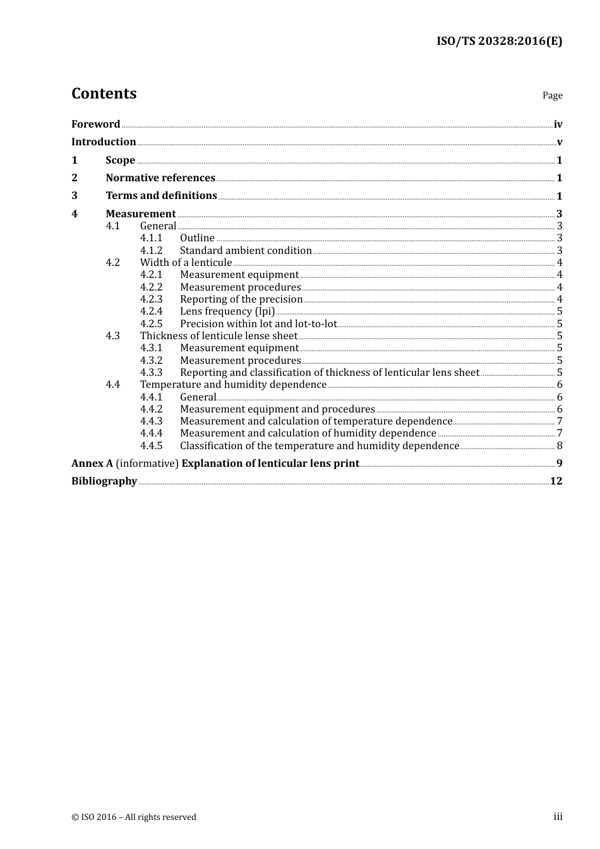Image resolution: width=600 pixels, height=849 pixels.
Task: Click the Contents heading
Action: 104,93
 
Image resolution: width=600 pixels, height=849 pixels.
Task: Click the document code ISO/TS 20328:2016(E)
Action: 499,42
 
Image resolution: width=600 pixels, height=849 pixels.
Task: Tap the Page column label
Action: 552,95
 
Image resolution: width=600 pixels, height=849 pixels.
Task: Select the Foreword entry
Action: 95,124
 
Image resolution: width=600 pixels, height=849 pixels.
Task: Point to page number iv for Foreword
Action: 558,124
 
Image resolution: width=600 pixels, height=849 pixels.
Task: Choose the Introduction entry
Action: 104,142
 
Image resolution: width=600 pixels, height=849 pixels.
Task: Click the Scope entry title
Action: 120,160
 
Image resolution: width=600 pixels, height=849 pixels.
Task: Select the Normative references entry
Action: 160,178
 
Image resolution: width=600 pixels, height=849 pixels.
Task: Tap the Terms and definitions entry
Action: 161,196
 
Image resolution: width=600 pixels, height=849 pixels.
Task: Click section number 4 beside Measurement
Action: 75,214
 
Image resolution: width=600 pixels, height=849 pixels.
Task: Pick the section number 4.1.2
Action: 151,251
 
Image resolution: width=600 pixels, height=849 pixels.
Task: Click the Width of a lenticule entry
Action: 186,263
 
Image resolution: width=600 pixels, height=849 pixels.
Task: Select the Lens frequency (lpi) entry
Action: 227,311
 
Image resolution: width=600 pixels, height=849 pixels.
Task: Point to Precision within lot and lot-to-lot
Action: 258,324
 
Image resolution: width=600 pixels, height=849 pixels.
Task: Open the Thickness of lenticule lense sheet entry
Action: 219,336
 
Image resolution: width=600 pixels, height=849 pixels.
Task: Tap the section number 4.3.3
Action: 151,373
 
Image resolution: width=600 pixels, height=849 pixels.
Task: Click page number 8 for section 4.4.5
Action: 560,446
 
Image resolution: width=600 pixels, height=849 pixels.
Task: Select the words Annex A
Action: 92,464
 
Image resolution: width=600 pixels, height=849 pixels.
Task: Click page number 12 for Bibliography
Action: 556,481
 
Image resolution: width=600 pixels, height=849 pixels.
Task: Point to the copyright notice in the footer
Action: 134,817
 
